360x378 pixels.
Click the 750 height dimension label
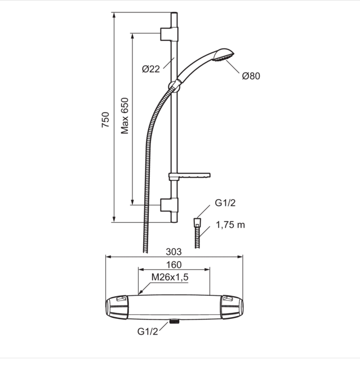105,120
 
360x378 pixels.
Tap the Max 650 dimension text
125,116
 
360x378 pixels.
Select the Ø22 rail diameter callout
151,69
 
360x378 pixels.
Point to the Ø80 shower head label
251,76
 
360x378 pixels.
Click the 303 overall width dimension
174,252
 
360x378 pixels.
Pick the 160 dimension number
174,265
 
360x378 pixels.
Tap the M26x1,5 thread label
170,277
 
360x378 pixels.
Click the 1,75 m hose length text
230,225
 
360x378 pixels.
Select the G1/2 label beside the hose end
225,203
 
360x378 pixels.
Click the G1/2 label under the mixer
148,331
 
